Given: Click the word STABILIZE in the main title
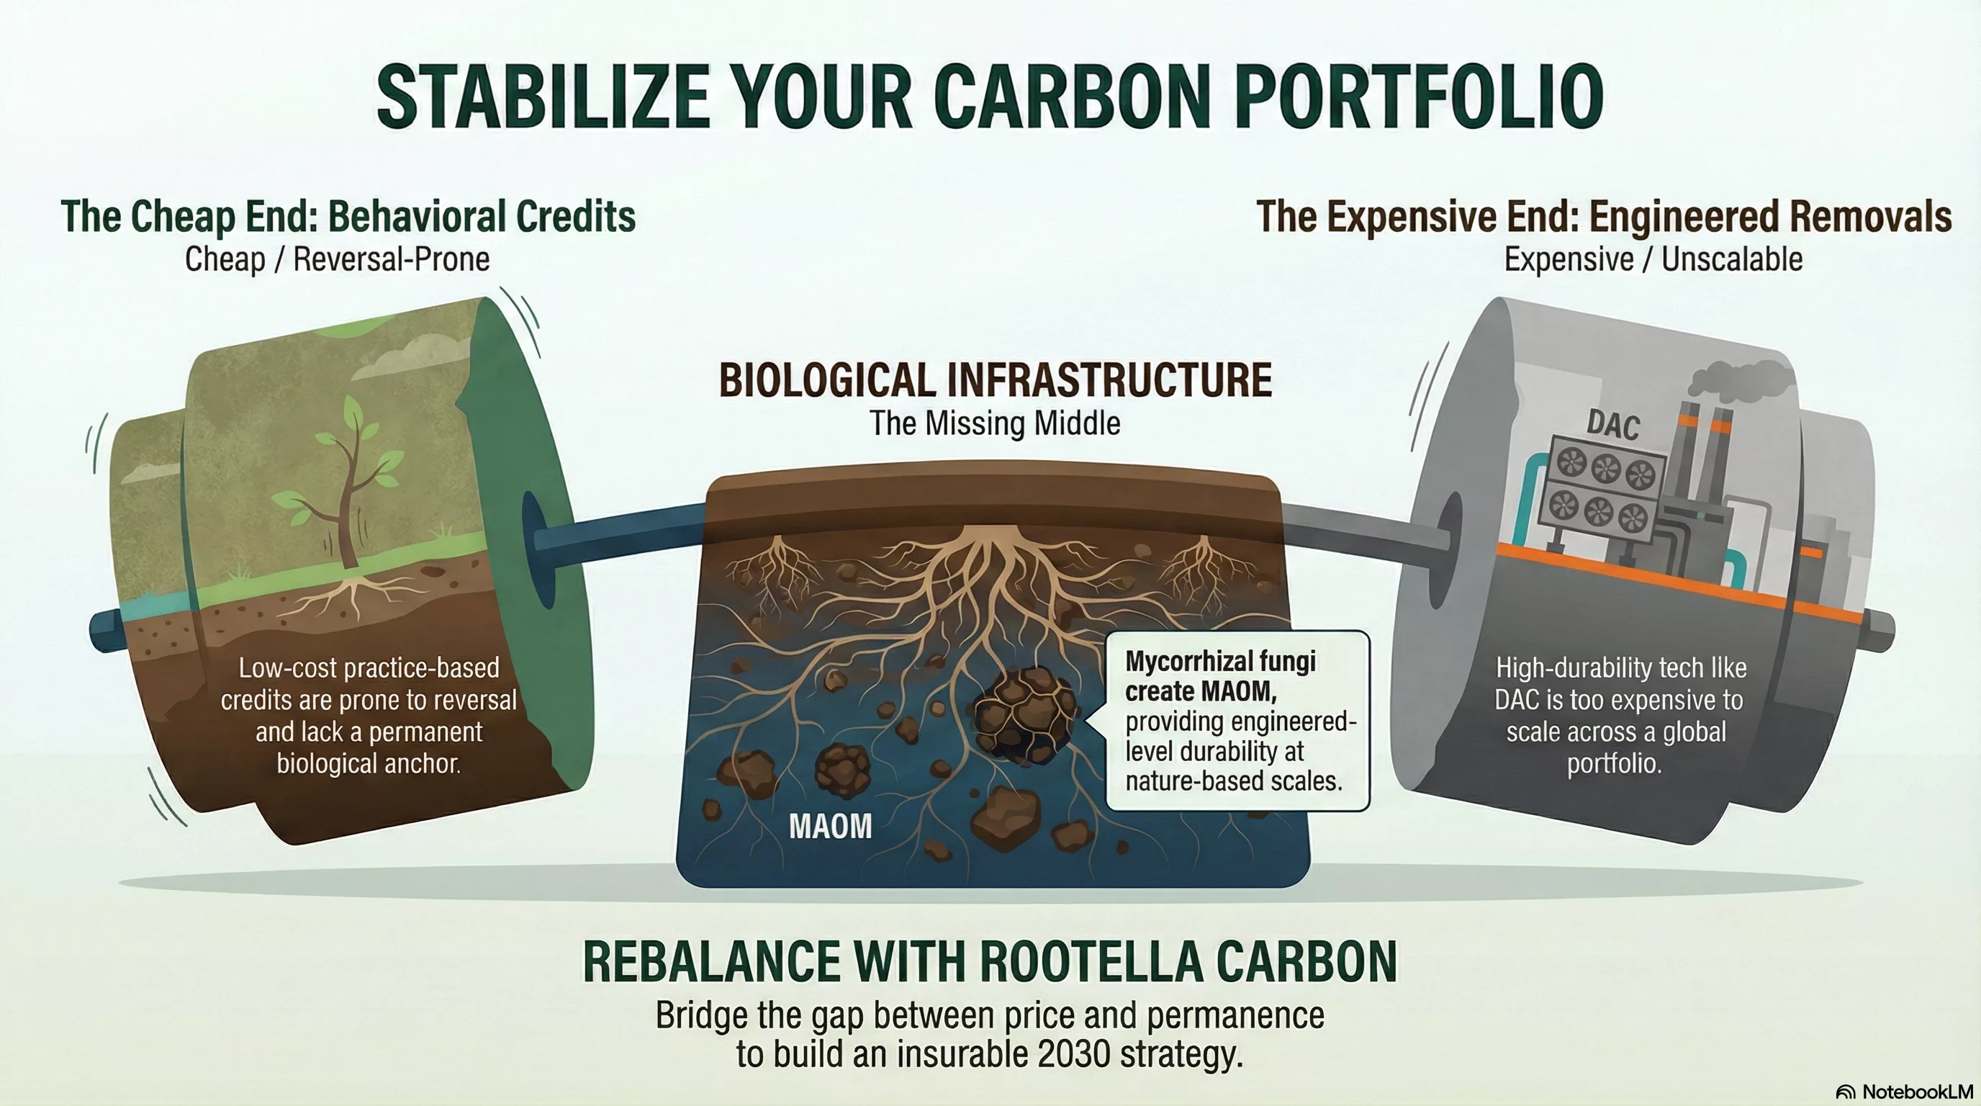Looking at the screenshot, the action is [x=543, y=98].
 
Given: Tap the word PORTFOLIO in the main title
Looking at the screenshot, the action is [x=1422, y=98].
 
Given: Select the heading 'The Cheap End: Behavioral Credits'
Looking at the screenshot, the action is [x=348, y=216].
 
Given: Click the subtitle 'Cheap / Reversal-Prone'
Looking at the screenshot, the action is [x=337, y=259].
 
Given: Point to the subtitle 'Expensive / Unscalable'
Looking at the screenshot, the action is [x=1653, y=259].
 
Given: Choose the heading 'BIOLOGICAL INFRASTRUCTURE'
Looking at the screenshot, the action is [x=995, y=380].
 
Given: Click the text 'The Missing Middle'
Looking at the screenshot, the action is [x=995, y=423].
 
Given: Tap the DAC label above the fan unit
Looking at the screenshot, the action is [x=1613, y=425].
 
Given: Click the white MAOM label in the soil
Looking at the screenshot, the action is [x=831, y=826].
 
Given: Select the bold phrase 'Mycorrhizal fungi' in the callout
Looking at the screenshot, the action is [x=1220, y=661].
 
